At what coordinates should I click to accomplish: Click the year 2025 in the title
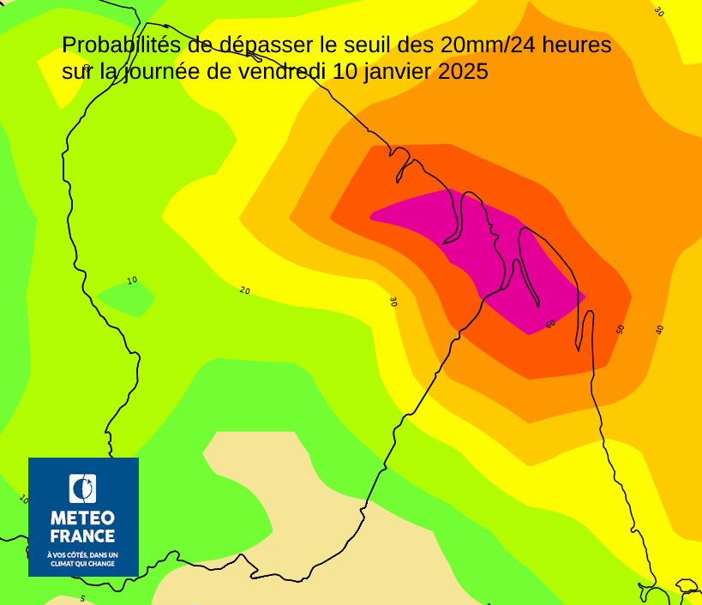tap(463, 72)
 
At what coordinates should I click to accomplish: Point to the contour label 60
tap(550, 324)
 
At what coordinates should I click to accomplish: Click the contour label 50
tap(621, 329)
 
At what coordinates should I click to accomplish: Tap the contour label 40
tap(660, 329)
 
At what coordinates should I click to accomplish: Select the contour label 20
tap(245, 291)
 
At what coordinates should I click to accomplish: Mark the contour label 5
tap(83, 598)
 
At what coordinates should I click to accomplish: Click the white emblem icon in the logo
tap(83, 488)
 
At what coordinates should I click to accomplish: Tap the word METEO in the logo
tap(83, 518)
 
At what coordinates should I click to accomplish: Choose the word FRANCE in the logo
tap(83, 536)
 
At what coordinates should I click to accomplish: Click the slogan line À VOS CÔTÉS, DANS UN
tap(83, 555)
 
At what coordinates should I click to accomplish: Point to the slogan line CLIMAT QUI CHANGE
tap(83, 564)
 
